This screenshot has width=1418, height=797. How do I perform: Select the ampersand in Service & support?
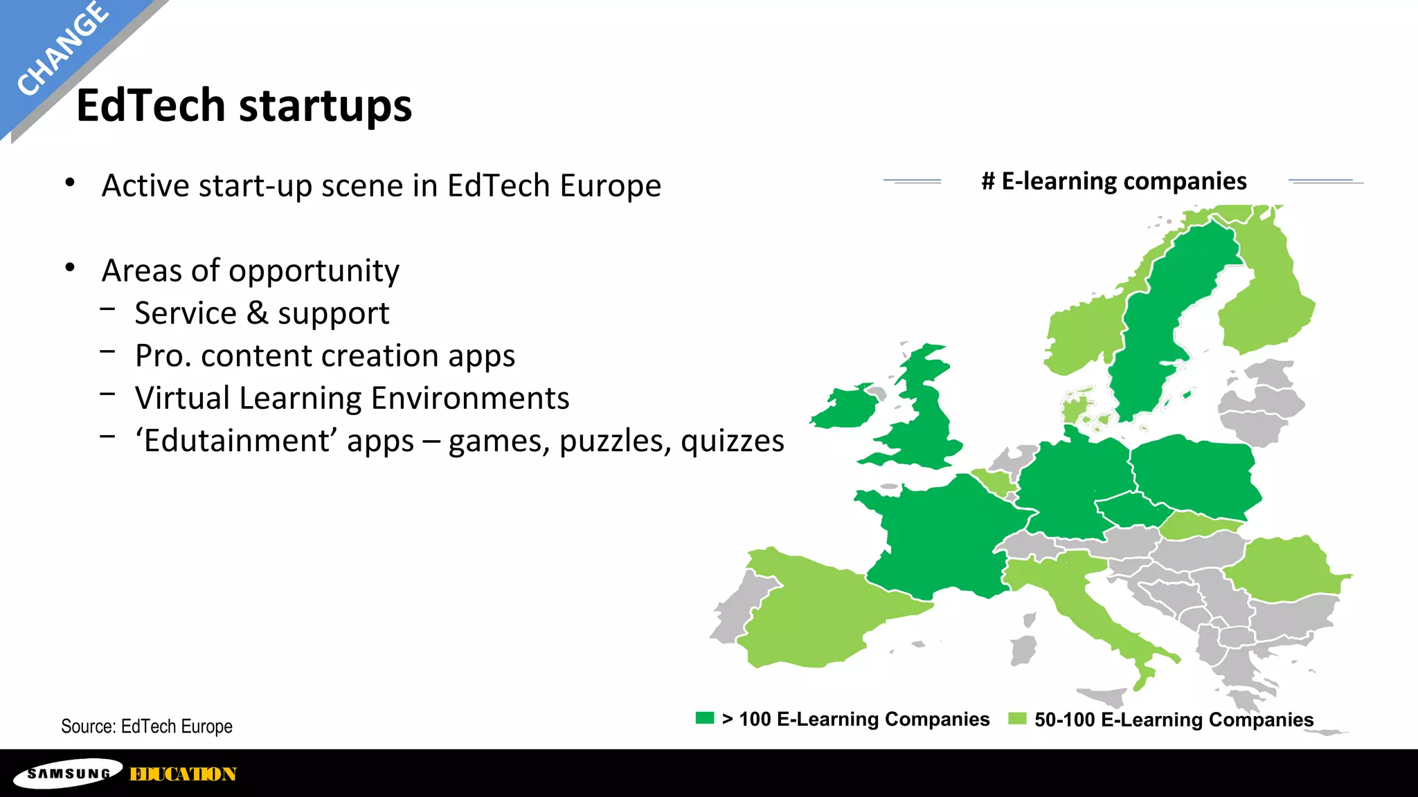(x=257, y=313)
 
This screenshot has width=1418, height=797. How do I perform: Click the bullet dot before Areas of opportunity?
(x=70, y=268)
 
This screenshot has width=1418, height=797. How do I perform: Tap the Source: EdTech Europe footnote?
(x=147, y=726)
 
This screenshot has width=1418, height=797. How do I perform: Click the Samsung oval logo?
(x=69, y=773)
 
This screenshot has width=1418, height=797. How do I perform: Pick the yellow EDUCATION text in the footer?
(x=183, y=774)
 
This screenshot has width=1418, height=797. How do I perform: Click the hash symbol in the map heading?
(x=988, y=181)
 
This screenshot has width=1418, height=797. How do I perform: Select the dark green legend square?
(x=704, y=718)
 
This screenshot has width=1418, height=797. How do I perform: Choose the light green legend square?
(x=1016, y=719)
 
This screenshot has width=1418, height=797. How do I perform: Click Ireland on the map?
(x=845, y=408)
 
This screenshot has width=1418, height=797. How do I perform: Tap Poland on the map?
(x=1194, y=474)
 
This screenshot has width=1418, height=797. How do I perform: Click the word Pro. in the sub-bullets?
(x=163, y=356)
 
